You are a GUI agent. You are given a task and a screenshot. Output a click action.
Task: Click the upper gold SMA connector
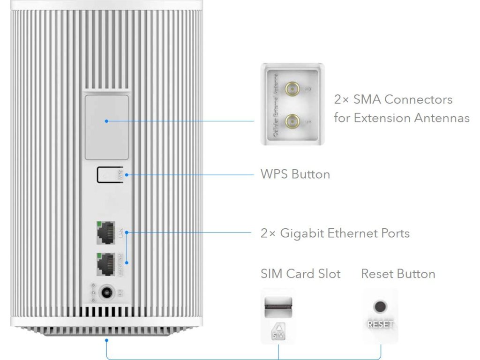(294, 88)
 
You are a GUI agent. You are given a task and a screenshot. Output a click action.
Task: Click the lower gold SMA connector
(294, 121)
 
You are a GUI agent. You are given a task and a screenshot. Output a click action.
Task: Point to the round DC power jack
(108, 293)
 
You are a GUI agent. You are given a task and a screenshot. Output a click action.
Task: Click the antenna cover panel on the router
(106, 127)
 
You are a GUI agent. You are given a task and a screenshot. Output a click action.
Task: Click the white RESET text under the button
(381, 324)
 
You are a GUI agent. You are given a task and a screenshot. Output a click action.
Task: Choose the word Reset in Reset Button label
(377, 274)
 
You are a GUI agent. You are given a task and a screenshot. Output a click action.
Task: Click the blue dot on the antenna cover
(106, 121)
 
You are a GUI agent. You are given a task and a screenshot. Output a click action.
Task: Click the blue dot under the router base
(107, 340)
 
